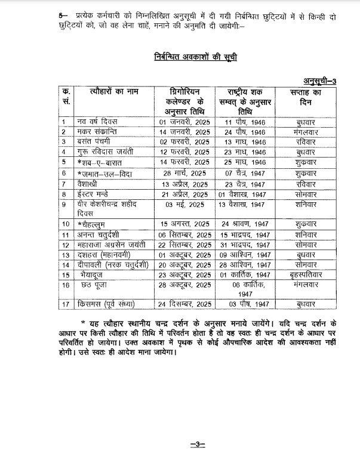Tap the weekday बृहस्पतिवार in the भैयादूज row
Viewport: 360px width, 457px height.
click(306, 276)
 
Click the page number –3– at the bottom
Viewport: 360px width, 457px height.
click(180, 443)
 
